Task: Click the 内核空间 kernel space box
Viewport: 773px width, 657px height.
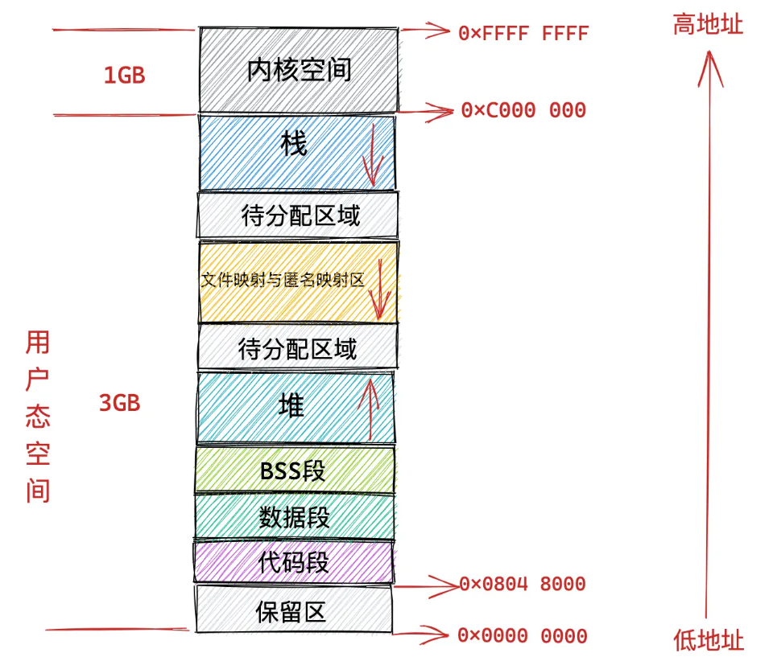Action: (298, 70)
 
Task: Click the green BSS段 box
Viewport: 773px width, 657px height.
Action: (294, 470)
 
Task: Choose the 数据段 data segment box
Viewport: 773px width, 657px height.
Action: (294, 516)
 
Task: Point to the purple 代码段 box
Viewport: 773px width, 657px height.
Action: (294, 561)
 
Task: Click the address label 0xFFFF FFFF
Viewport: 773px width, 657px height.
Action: (523, 33)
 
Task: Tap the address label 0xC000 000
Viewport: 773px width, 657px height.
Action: (523, 110)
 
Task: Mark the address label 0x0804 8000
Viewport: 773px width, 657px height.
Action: (522, 584)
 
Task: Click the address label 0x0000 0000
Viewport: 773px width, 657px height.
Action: (522, 635)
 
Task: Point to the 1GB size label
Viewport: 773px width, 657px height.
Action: (124, 76)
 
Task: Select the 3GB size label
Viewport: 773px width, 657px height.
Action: (120, 403)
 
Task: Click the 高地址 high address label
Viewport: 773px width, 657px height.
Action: (708, 25)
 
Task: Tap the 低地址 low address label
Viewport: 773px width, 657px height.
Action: (709, 640)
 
